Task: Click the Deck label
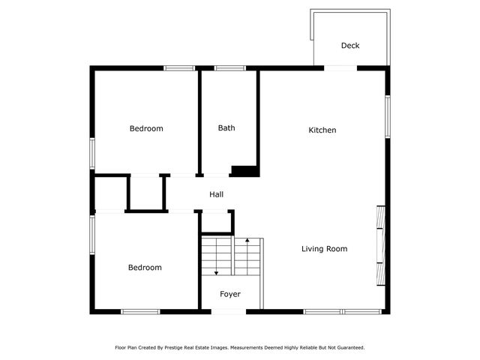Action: (350, 46)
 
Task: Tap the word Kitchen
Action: (322, 130)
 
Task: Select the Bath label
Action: (226, 128)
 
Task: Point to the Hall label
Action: (216, 195)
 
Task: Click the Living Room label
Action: (324, 249)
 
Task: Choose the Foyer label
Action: (229, 294)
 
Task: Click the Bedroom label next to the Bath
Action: (146, 129)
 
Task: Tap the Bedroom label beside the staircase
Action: (144, 268)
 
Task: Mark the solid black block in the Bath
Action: (244, 171)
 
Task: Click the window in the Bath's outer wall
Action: (229, 68)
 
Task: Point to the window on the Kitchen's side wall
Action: (388, 116)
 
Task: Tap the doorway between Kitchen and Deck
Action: (340, 68)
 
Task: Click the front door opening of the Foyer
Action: (229, 311)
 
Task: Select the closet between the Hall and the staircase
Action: (217, 223)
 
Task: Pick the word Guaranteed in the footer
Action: (349, 348)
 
